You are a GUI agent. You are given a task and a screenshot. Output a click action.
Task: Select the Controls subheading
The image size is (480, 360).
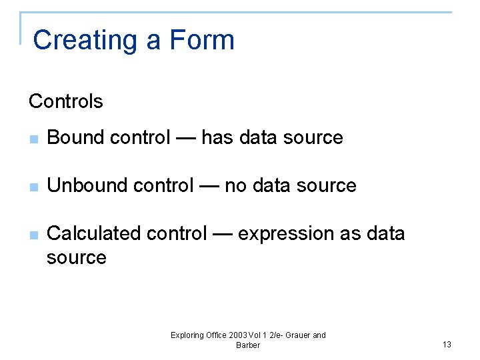click(65, 101)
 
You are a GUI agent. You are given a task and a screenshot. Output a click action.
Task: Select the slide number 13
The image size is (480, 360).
click(447, 345)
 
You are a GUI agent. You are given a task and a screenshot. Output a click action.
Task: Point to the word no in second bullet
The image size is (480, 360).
click(236, 186)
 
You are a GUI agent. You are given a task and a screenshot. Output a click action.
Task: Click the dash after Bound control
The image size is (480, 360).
click(186, 138)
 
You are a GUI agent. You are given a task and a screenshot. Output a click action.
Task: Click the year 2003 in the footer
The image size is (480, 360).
click(237, 335)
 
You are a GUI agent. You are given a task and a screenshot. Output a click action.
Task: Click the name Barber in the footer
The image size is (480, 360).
click(248, 345)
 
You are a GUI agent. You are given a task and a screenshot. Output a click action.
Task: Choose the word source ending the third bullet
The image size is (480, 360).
click(76, 258)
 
